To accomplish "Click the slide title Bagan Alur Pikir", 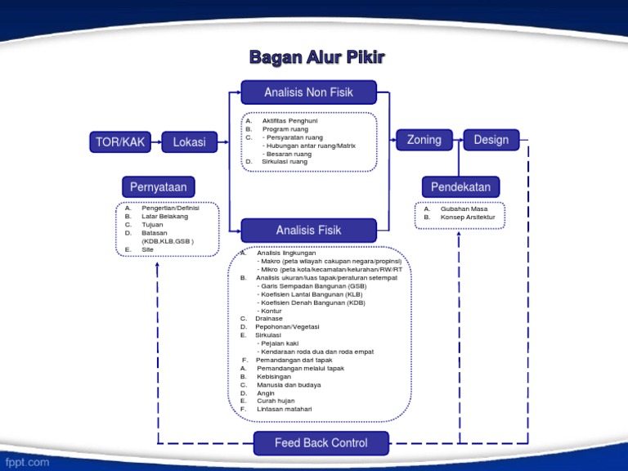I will coord(316,57).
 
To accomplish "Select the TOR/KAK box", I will coord(120,142).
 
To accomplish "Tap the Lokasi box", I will coord(189,142).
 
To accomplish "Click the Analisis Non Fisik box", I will coord(308,92).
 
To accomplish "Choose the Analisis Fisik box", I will coord(308,230).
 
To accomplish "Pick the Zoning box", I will coord(424,140).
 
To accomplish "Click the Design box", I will coord(491,140).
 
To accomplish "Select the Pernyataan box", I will coord(158,187).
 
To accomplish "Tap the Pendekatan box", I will coord(460,187).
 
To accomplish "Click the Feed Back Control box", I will coord(321,443).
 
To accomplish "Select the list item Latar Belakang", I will coord(164,217).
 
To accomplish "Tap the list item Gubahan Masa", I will coord(464,209).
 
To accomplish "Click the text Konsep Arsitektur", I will coord(468,218).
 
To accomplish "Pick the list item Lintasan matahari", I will coord(284,409).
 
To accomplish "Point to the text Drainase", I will coord(269,318).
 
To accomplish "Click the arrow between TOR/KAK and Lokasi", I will coord(156,142).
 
